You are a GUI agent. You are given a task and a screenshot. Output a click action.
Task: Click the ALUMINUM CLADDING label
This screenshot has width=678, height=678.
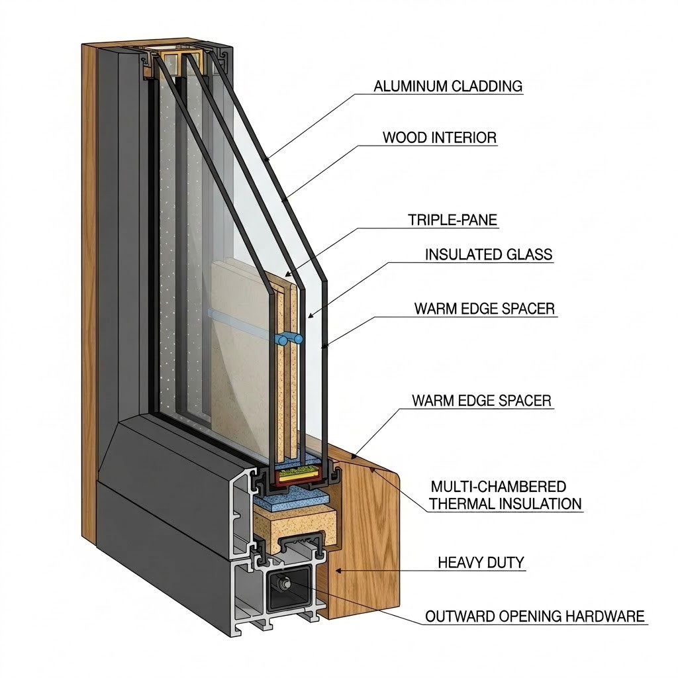click(x=448, y=86)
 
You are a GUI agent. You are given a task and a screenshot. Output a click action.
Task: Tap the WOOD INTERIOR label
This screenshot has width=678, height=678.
click(x=440, y=138)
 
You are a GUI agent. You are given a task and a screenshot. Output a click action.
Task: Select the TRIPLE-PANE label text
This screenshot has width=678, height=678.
click(x=453, y=220)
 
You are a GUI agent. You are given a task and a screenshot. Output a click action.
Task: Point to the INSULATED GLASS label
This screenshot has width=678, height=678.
click(x=489, y=254)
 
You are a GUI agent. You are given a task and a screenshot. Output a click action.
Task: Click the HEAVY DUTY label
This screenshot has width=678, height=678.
click(x=481, y=563)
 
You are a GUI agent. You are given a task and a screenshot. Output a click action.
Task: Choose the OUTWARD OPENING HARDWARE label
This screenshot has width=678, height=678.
click(x=535, y=616)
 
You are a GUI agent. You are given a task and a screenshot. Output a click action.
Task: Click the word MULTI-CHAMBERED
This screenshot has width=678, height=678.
click(x=499, y=487)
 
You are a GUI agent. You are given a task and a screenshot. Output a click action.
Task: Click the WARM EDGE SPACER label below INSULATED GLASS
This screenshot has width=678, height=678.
click(x=484, y=309)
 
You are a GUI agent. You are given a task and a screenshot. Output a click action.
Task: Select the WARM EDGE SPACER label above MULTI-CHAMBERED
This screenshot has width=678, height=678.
click(x=482, y=401)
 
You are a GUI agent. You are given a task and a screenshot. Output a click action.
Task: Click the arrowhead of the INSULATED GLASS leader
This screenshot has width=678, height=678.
click(x=309, y=316)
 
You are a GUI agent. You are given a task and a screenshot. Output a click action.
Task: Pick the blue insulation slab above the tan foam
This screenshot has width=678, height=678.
click(x=291, y=497)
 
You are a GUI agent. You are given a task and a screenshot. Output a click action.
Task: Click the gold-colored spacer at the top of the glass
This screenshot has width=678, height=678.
click(x=181, y=60)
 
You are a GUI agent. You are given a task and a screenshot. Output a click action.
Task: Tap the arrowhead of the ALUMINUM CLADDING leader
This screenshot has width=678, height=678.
click(x=267, y=158)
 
